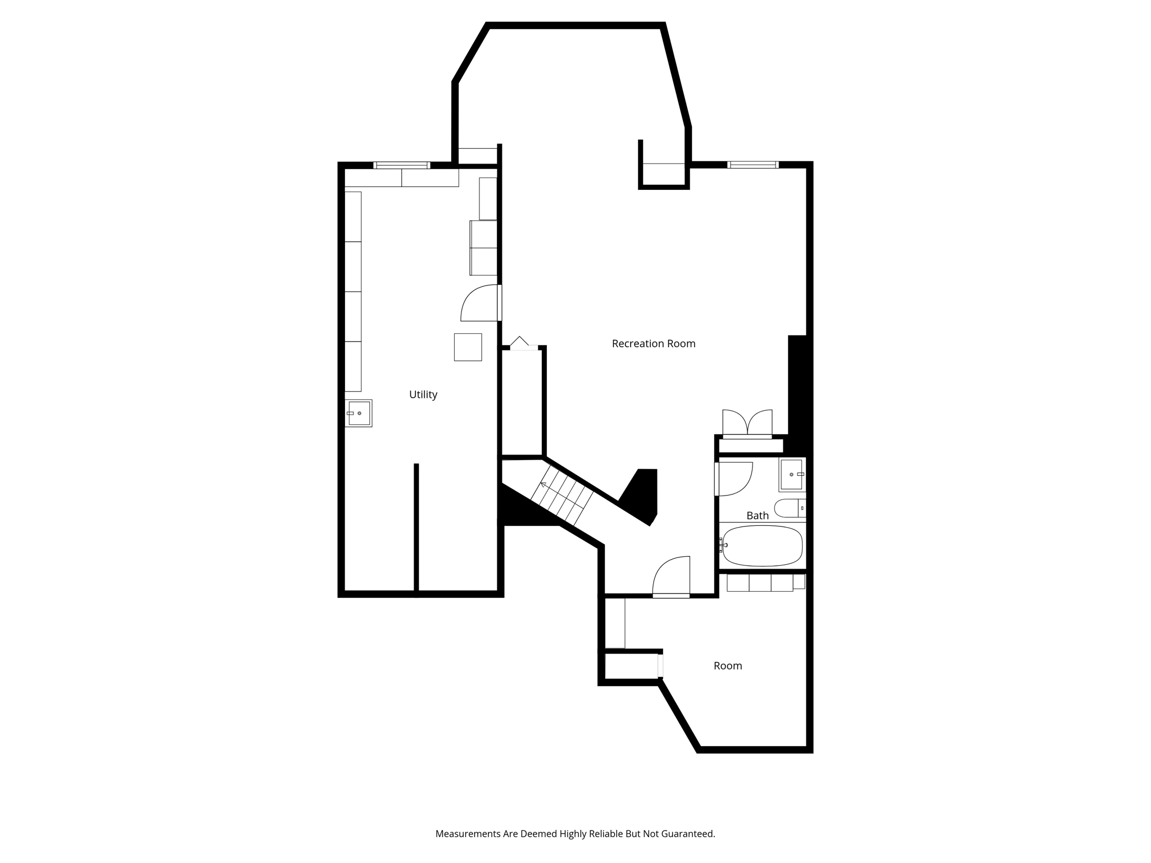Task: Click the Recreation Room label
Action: pyautogui.click(x=653, y=343)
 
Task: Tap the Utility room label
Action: pyautogui.click(x=423, y=394)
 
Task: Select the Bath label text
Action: pyautogui.click(x=757, y=515)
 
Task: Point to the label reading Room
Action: pyautogui.click(x=727, y=666)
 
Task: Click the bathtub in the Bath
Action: pyautogui.click(x=762, y=546)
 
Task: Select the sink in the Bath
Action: pyautogui.click(x=791, y=474)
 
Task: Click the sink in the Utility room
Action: pyautogui.click(x=359, y=413)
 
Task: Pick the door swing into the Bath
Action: pyautogui.click(x=735, y=479)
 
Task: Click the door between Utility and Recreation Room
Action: pyautogui.click(x=480, y=303)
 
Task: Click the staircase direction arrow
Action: pyautogui.click(x=543, y=484)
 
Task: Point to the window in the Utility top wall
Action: pyautogui.click(x=401, y=165)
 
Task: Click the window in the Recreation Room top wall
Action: pyautogui.click(x=752, y=165)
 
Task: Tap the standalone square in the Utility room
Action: pyautogui.click(x=468, y=347)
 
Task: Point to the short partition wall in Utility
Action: pyautogui.click(x=416, y=528)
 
